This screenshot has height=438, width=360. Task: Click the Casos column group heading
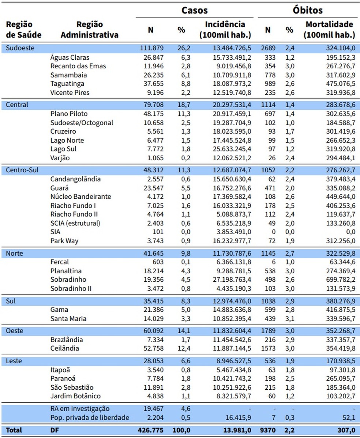[x=194, y=10]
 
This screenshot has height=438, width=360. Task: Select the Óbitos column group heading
[x=307, y=10]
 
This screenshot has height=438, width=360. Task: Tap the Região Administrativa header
[x=90, y=30]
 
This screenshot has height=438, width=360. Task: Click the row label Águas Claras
[x=70, y=57]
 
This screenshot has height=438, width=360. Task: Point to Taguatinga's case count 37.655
[x=151, y=84]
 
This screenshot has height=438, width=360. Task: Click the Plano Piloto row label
[x=69, y=114]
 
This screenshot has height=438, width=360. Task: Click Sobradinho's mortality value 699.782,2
[x=337, y=280]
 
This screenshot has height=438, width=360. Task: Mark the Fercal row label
[x=60, y=262]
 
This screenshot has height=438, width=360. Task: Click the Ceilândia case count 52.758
[x=151, y=348]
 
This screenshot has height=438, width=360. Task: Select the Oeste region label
[x=15, y=331]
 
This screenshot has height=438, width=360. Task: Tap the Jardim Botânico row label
[x=75, y=396]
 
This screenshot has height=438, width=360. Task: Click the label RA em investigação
[x=80, y=409]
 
